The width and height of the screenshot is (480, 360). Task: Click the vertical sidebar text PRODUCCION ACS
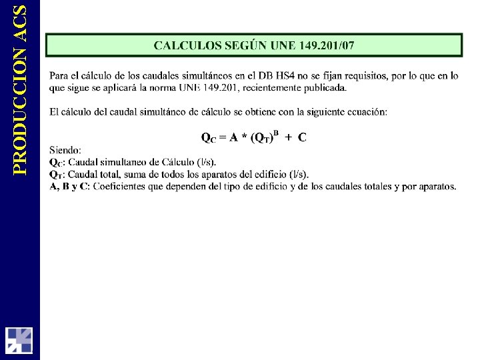(20, 90)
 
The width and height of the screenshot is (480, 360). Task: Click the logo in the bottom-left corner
(19, 339)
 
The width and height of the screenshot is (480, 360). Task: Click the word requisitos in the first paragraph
(353, 76)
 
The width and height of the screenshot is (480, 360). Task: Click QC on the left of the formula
(208, 138)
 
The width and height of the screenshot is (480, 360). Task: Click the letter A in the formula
(234, 137)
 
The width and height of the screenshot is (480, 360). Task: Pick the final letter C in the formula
(302, 137)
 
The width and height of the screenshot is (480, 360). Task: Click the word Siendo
(65, 151)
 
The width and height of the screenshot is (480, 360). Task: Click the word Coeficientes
(121, 186)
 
